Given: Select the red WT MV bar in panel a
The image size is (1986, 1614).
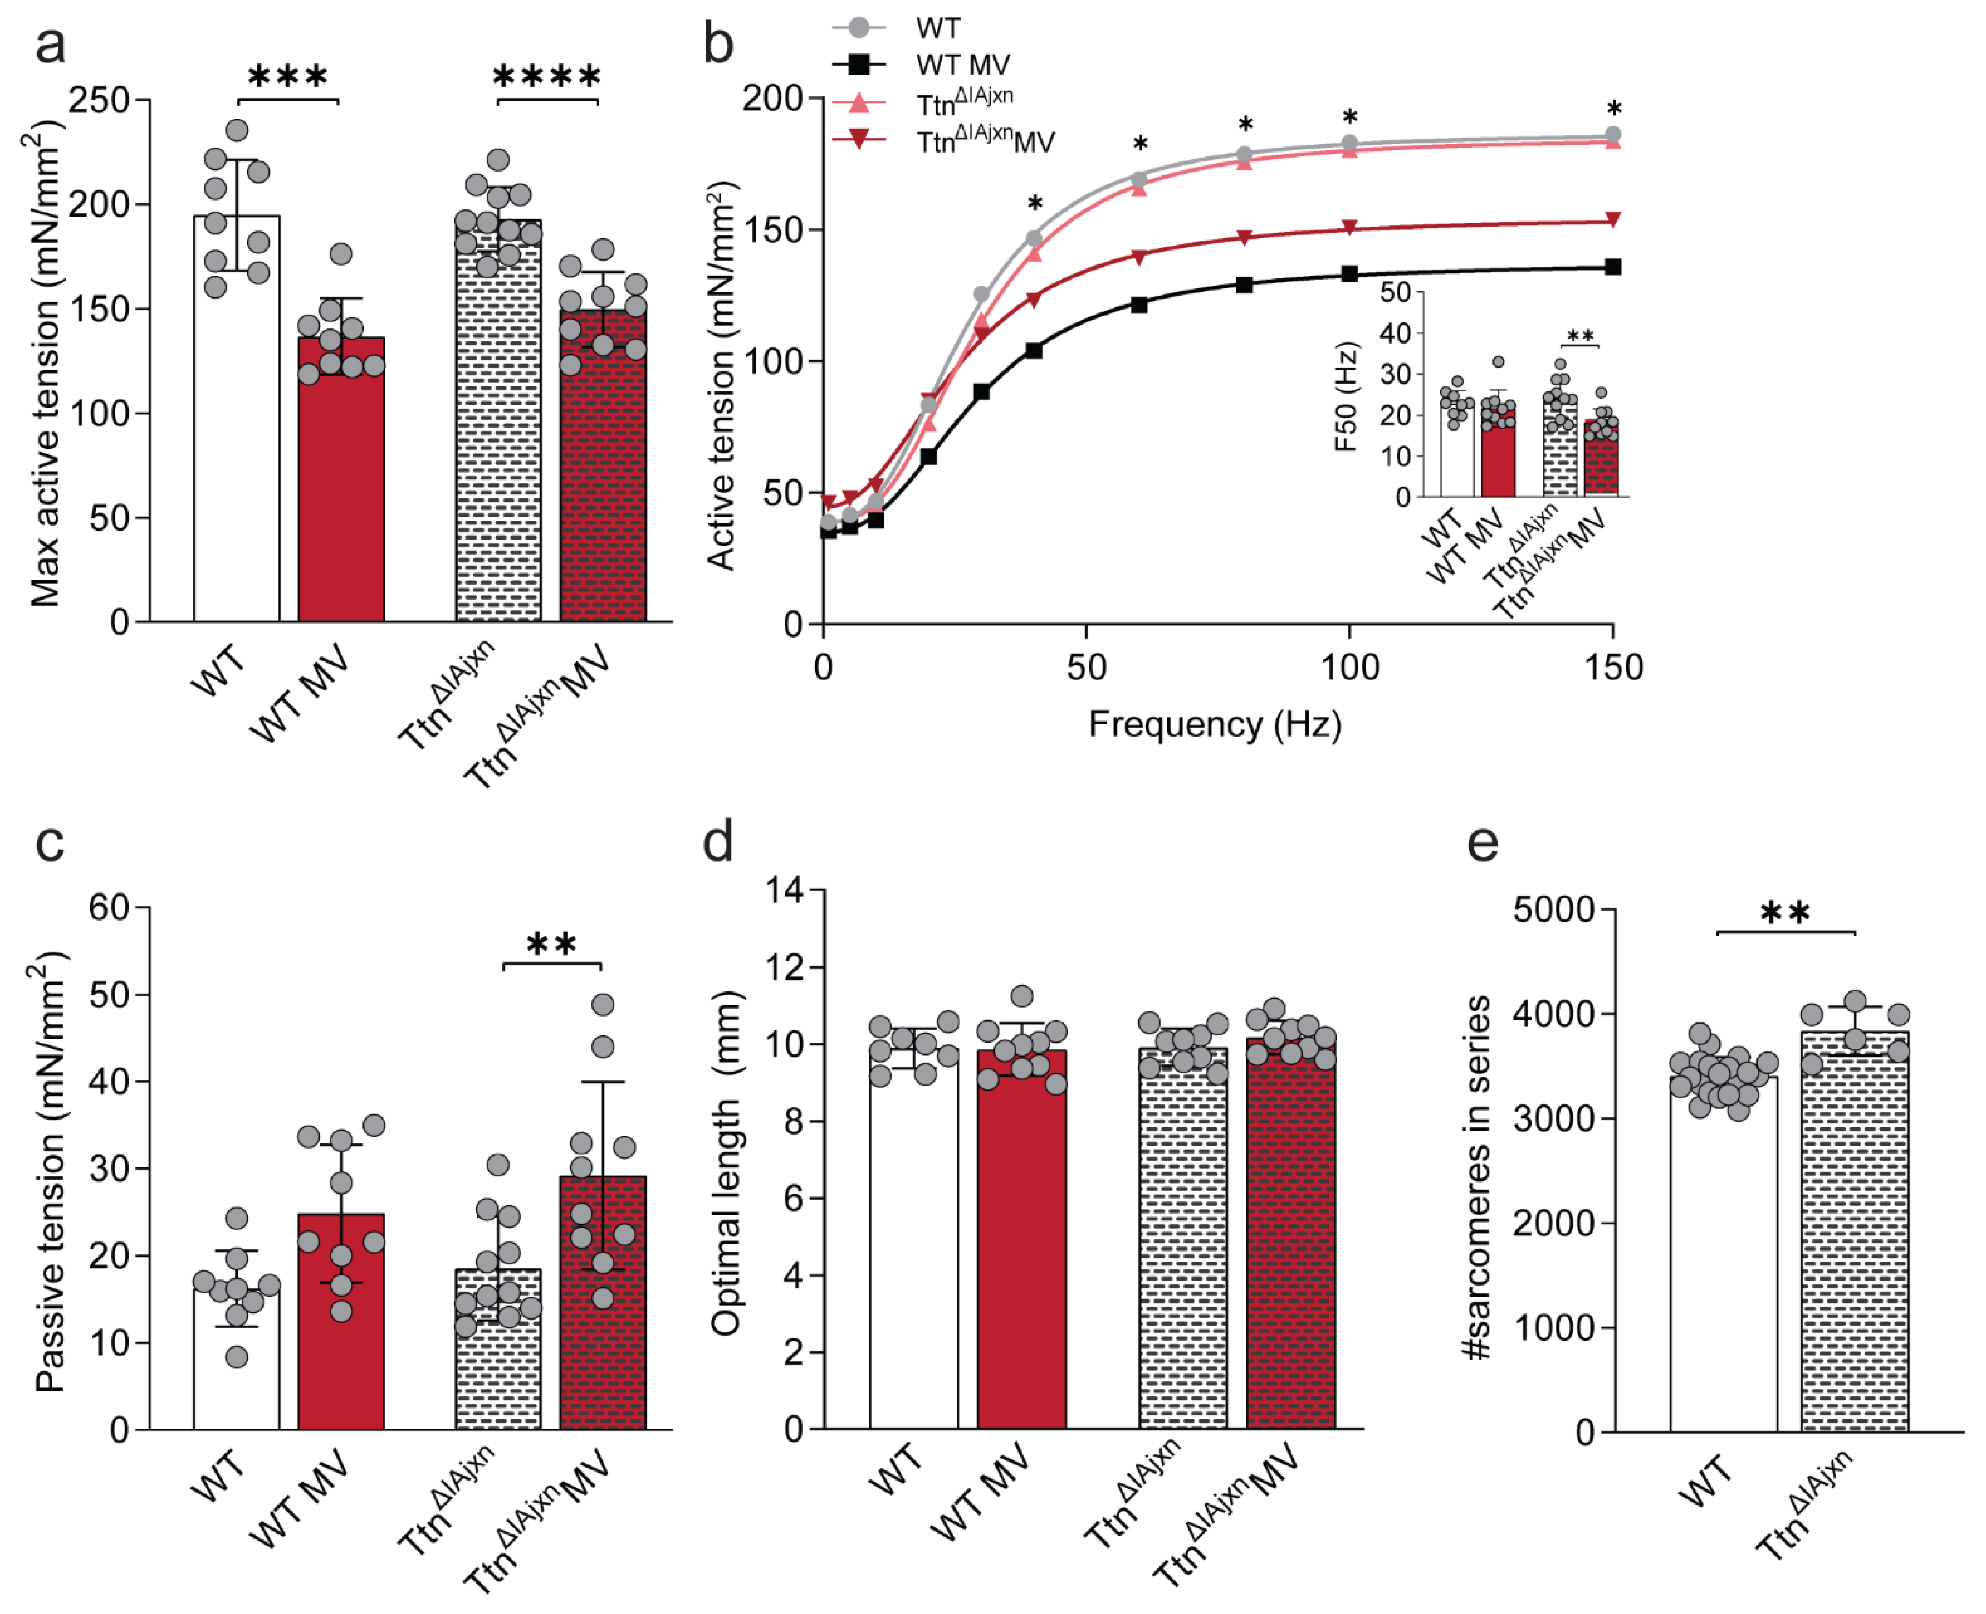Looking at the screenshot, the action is click(341, 479).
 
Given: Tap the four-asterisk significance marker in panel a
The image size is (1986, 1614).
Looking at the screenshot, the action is click(547, 76).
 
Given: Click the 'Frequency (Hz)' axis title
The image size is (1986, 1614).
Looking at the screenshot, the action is click(1215, 724).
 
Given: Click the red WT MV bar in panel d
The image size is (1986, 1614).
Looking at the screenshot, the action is click(1021, 1239).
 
